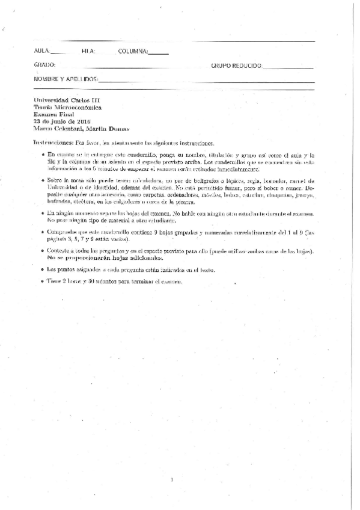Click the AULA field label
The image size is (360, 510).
pos(42,51)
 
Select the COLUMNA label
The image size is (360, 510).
pos(133,51)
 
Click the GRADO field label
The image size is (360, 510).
pos(44,65)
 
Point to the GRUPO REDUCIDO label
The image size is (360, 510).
pos(236,65)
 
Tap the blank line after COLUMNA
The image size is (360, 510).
pos(158,53)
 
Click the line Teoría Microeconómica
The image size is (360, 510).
pos(68,108)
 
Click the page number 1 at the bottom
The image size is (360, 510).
pos(172,479)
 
